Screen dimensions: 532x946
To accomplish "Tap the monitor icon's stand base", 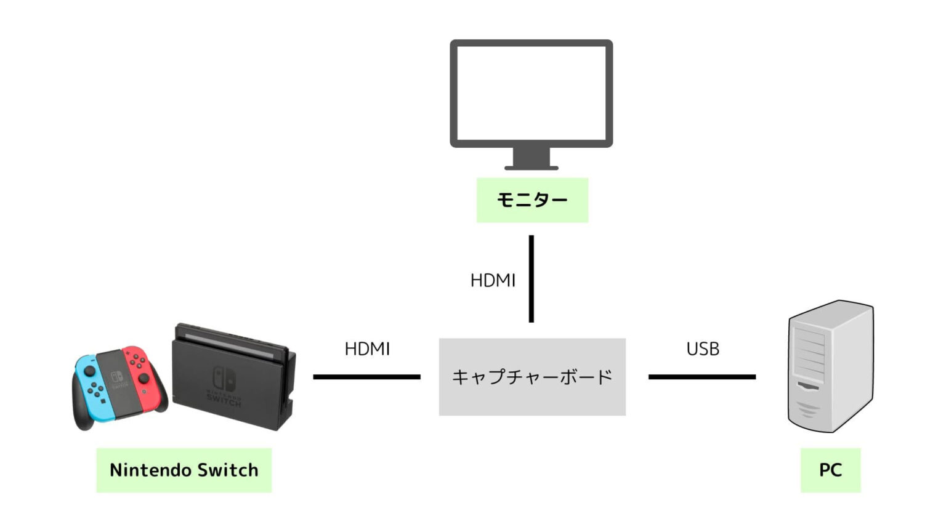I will pos(531,167).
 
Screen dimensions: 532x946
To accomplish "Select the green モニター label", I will pos(532,200).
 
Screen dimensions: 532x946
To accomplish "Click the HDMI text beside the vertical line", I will pos(493,281).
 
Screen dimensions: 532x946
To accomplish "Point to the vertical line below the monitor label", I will pos(531,278).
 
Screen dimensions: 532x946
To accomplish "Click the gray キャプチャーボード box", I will pos(532,377).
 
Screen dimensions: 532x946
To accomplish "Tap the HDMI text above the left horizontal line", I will pos(367,349).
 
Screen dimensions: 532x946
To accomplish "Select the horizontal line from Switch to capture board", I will pos(366,377).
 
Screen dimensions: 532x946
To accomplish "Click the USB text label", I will pos(703,349).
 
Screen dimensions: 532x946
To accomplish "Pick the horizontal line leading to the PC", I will pos(701,377).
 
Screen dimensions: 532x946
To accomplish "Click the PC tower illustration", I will pos(830,366).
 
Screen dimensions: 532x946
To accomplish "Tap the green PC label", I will pos(830,470).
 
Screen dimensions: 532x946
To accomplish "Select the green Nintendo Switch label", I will pos(184,470).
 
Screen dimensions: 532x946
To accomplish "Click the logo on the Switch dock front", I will pos(224,379).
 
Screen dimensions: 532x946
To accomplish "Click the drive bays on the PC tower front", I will pos(809,354).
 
